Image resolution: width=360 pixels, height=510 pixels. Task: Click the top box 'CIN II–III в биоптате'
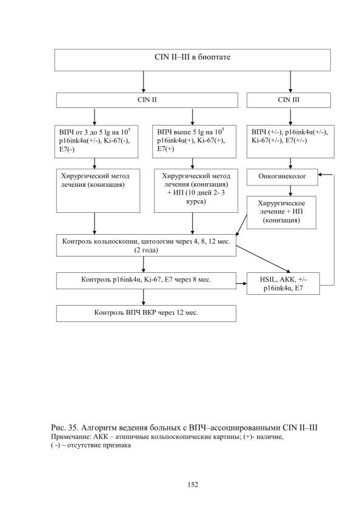(x=193, y=60)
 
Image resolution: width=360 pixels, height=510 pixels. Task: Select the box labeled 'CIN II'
(x=147, y=100)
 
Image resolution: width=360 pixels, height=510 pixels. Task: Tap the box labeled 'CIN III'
(x=288, y=100)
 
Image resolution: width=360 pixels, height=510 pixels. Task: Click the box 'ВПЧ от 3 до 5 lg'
(x=96, y=141)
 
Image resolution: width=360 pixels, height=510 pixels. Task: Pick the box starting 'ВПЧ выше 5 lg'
(x=194, y=141)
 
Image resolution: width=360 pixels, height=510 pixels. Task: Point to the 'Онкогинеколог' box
(x=282, y=177)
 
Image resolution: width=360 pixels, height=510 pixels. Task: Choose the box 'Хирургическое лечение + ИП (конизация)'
(x=281, y=212)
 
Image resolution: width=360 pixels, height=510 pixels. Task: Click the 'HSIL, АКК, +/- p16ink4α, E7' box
(x=283, y=284)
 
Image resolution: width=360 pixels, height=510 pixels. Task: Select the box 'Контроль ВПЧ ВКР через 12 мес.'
(x=146, y=314)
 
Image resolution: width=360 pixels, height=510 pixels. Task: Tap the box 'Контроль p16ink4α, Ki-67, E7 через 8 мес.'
(x=146, y=281)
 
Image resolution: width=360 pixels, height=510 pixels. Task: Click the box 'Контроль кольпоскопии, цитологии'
(x=146, y=245)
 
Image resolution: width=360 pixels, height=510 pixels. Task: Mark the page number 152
(x=193, y=485)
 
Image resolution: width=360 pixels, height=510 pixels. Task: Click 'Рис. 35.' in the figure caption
(x=64, y=428)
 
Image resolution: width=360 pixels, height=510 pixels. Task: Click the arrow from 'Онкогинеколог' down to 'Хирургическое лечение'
(x=290, y=190)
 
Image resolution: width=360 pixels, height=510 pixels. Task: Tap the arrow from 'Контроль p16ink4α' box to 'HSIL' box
(x=242, y=284)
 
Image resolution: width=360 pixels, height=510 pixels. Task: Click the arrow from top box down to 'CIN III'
(x=290, y=82)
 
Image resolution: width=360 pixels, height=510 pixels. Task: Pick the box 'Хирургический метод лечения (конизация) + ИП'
(x=196, y=190)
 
